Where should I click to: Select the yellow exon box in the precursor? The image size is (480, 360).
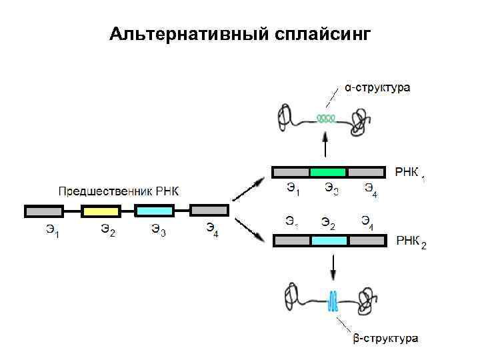(x=101, y=211)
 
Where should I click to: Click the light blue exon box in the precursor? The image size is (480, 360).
(x=154, y=211)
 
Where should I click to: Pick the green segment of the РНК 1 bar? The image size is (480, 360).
(x=328, y=172)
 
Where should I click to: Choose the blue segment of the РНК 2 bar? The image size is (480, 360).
(x=329, y=241)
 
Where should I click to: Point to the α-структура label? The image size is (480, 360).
(x=377, y=87)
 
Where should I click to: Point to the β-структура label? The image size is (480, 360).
(x=385, y=339)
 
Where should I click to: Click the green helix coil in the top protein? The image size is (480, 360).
(x=326, y=119)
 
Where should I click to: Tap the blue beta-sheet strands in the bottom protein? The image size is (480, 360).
(x=332, y=302)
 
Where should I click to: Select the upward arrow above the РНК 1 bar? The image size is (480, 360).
(x=325, y=145)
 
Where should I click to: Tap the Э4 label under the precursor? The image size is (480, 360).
(x=211, y=232)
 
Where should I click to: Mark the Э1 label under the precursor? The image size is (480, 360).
(x=53, y=232)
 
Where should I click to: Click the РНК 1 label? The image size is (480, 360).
(x=409, y=173)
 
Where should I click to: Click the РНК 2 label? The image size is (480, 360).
(x=411, y=241)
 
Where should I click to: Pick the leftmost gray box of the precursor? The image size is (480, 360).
(x=43, y=211)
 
